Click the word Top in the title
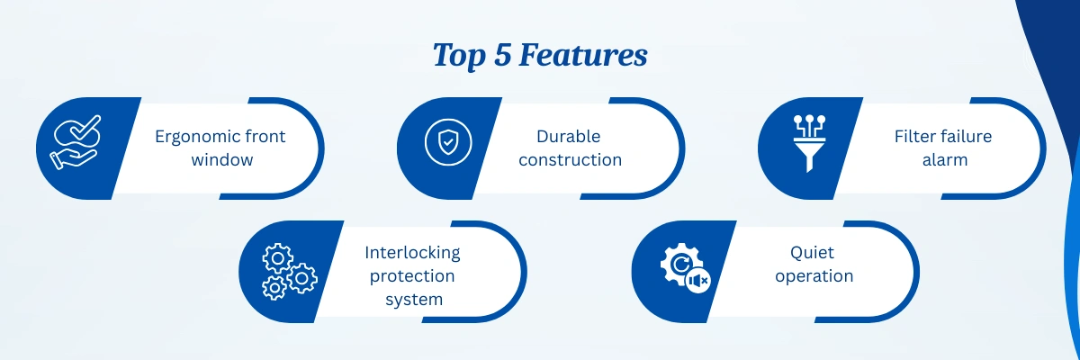pos(459,56)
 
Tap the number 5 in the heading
pos(502,55)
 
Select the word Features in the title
pos(583,55)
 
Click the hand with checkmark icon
pos(76,142)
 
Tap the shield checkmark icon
pos(448,142)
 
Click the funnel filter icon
pos(809,143)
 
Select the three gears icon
pos(290,272)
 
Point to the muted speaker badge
pos(697,281)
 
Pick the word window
pos(222,160)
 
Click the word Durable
pos(569,137)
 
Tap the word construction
pos(571,160)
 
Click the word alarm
pos(945,160)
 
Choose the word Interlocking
pos(412,253)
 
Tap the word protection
pos(412,276)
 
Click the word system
pos(414,301)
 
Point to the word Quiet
pos(812,253)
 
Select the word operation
pos(814,276)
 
